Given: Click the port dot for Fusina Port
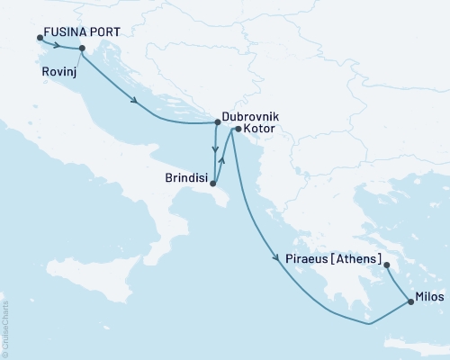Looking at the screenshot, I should pyautogui.click(x=40, y=38).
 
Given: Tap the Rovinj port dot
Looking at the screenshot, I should pyautogui.click(x=82, y=49).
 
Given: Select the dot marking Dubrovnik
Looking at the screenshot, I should pyautogui.click(x=217, y=122).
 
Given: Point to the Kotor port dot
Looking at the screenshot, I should pyautogui.click(x=237, y=130).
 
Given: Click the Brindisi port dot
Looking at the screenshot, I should pyautogui.click(x=212, y=185).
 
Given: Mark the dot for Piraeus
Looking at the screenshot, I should pyautogui.click(x=386, y=265).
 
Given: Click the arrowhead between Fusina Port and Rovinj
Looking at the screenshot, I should pyautogui.click(x=58, y=45).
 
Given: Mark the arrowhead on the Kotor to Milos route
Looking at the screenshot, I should pyautogui.click(x=275, y=259).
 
